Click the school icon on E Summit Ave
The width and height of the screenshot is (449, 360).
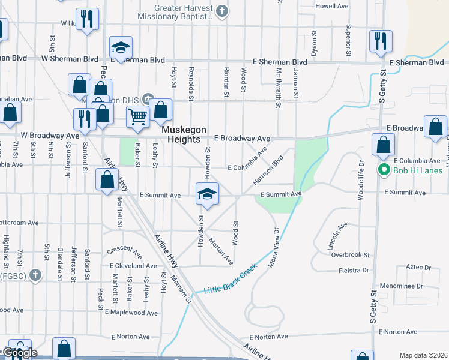[x=207, y=194]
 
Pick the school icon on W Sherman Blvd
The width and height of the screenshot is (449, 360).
[x=121, y=47]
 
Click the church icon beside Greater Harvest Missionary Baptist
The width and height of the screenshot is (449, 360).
[x=222, y=11]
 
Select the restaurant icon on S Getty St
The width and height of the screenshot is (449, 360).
[x=381, y=41]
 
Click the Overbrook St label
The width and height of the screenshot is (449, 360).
[x=351, y=254]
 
